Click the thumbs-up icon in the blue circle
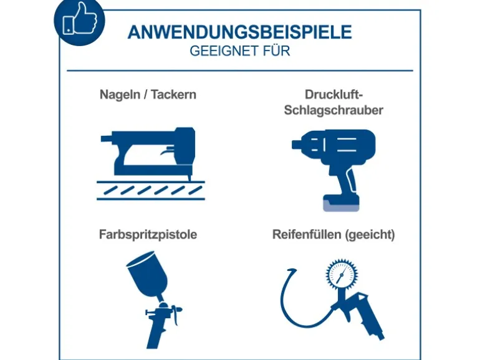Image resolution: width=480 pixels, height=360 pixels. tap(80, 18)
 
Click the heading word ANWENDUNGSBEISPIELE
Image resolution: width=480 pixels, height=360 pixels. tap(240, 32)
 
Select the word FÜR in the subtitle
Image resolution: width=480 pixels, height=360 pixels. tap(276, 50)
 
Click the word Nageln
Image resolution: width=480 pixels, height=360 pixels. tap(120, 95)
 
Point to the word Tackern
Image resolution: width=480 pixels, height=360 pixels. tap(173, 94)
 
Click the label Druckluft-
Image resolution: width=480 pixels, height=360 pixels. tap(334, 95)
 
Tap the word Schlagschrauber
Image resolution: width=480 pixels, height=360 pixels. tap(334, 110)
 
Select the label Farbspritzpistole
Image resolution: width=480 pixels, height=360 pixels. tap(148, 235)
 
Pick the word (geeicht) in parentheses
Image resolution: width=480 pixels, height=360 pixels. tap(370, 235)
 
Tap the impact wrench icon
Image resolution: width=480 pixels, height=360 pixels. tap(334, 170)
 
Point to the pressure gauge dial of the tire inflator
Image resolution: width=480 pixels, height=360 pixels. tap(342, 274)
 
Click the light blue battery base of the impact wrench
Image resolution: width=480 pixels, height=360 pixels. tap(342, 206)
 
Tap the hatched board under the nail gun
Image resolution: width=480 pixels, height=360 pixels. tap(151, 191)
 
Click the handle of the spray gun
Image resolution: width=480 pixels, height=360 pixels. tap(156, 333)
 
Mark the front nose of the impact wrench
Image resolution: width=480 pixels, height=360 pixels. tap(296, 144)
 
